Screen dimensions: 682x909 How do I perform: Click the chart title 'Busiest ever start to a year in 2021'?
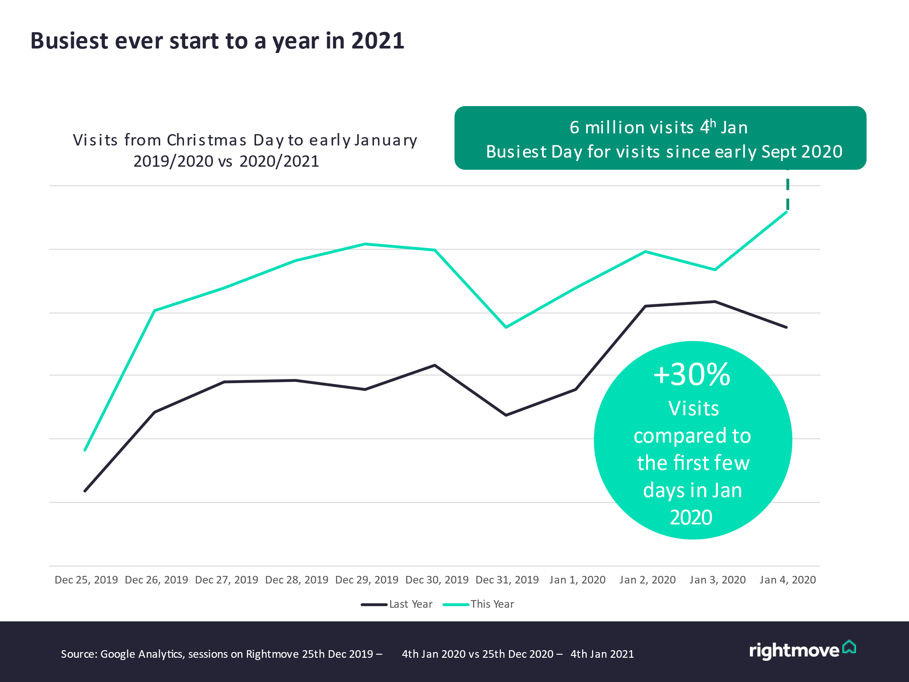(217, 41)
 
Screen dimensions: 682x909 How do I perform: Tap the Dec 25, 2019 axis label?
(86, 580)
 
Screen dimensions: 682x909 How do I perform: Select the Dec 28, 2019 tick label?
(297, 580)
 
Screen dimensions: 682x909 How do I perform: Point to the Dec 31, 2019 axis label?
(507, 580)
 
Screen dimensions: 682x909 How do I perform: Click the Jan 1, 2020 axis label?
(577, 580)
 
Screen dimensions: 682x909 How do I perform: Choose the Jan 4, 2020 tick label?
(788, 580)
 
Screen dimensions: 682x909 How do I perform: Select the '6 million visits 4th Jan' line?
(659, 127)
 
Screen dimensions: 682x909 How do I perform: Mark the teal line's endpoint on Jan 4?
(787, 212)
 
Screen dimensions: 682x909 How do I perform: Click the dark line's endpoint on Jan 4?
(787, 327)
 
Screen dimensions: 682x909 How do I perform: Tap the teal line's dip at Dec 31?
(506, 327)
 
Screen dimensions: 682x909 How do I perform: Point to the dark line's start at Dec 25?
(85, 491)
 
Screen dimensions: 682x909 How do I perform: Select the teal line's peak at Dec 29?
(365, 244)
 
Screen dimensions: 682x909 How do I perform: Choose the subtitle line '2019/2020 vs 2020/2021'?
(226, 161)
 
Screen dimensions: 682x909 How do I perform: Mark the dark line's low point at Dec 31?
(506, 415)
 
